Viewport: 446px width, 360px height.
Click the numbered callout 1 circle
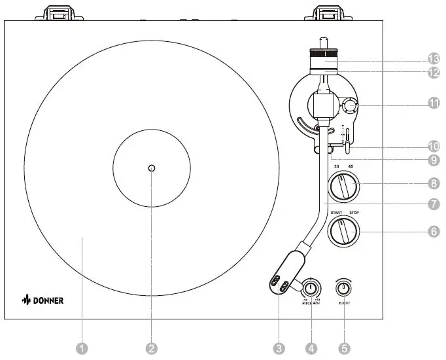coord(82,348)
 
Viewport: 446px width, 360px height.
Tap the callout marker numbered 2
coord(152,348)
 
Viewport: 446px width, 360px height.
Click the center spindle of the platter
coord(152,168)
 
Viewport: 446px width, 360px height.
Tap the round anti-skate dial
coord(349,105)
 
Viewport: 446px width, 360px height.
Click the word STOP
coord(356,213)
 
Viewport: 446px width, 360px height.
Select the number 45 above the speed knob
coord(351,167)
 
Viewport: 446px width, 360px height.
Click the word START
coord(336,213)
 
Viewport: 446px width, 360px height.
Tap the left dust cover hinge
coord(60,12)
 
